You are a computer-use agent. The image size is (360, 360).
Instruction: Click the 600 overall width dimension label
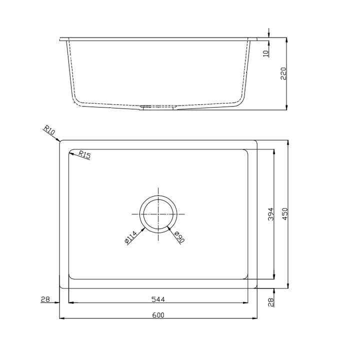(x=158, y=315)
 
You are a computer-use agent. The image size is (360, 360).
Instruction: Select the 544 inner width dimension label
(x=158, y=299)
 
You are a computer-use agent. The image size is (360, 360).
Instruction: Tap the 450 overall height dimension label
(x=284, y=214)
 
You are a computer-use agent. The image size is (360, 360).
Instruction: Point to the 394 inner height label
(x=271, y=214)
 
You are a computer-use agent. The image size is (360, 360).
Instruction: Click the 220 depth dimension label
(x=283, y=73)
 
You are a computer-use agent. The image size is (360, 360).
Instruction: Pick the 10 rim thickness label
(x=265, y=53)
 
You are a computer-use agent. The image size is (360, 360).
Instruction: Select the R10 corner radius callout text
(x=49, y=130)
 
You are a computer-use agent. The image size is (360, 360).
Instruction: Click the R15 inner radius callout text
(x=84, y=154)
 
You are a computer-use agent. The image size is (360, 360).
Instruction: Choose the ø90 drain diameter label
(x=179, y=237)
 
